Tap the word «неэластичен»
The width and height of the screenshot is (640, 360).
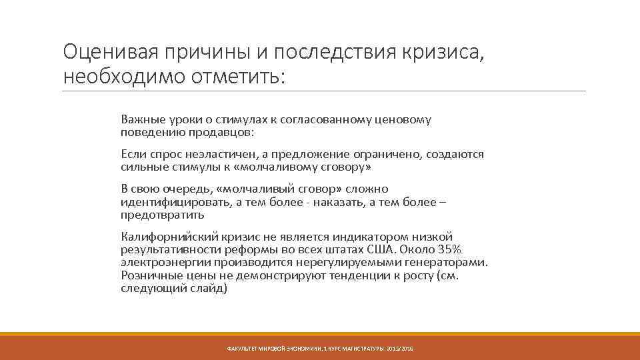tap(217, 155)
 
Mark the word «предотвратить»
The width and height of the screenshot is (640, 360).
tap(163, 215)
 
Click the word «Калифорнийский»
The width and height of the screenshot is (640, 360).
tap(163, 237)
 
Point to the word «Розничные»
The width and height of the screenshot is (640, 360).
tap(147, 275)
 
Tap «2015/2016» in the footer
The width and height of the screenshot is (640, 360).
tap(399, 349)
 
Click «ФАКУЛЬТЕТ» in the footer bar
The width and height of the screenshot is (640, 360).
tap(242, 349)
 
